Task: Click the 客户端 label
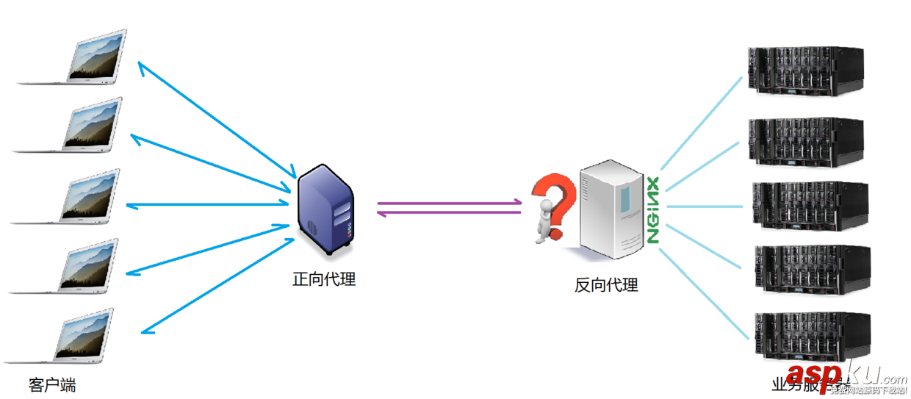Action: point(52,385)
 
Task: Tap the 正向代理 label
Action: point(324,279)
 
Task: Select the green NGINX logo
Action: point(652,209)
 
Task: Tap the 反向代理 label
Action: point(606,285)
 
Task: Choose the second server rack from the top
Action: point(805,140)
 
